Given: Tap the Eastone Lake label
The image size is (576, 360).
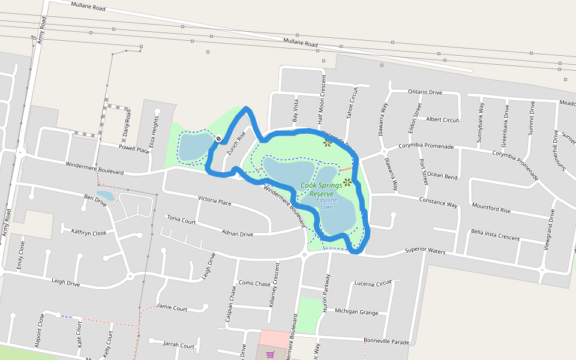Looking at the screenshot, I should click(327, 203).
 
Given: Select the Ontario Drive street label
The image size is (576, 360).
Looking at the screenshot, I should click(425, 92).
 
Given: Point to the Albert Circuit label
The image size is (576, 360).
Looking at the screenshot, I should click(442, 119).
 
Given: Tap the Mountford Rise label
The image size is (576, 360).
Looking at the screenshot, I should click(491, 210).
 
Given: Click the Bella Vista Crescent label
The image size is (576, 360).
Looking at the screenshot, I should click(495, 235).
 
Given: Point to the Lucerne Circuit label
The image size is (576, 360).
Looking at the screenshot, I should click(373, 283).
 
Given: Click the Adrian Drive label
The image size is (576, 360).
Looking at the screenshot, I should click(237, 233).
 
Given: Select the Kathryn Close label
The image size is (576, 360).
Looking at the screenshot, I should click(88, 232).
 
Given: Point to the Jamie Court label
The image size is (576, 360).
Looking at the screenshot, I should click(172, 308).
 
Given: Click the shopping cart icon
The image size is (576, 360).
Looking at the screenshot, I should click(270, 354).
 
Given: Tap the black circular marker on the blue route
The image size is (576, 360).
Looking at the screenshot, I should click(218, 140).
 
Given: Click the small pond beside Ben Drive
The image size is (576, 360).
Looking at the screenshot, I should click(105, 196).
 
